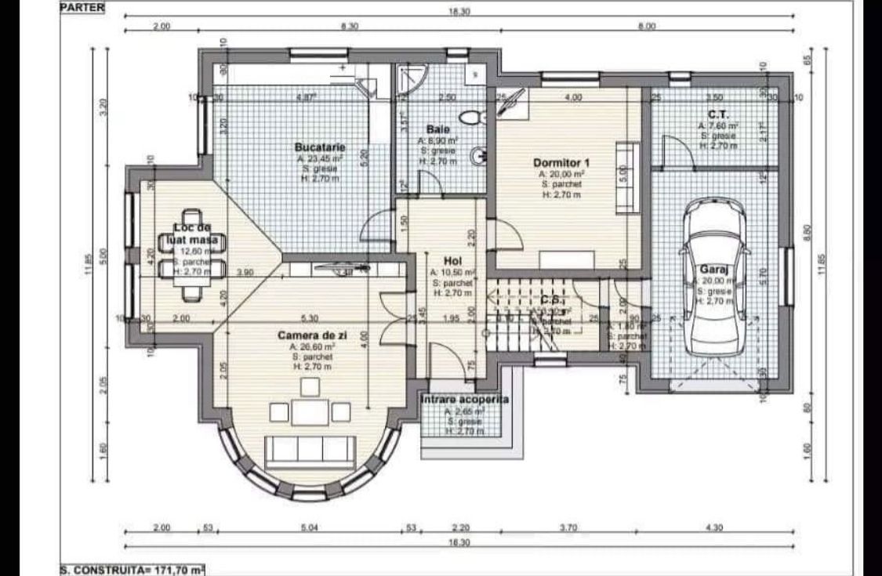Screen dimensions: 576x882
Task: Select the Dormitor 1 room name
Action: (x=561, y=163)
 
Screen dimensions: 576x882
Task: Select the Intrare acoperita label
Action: (x=464, y=400)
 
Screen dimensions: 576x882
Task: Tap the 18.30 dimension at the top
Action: (x=459, y=12)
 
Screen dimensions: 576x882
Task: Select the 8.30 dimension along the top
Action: (x=350, y=27)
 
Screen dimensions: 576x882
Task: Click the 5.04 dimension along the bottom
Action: (x=310, y=528)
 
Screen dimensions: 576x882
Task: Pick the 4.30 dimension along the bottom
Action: (x=713, y=528)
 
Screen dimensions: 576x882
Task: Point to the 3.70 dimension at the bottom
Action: (x=568, y=528)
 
